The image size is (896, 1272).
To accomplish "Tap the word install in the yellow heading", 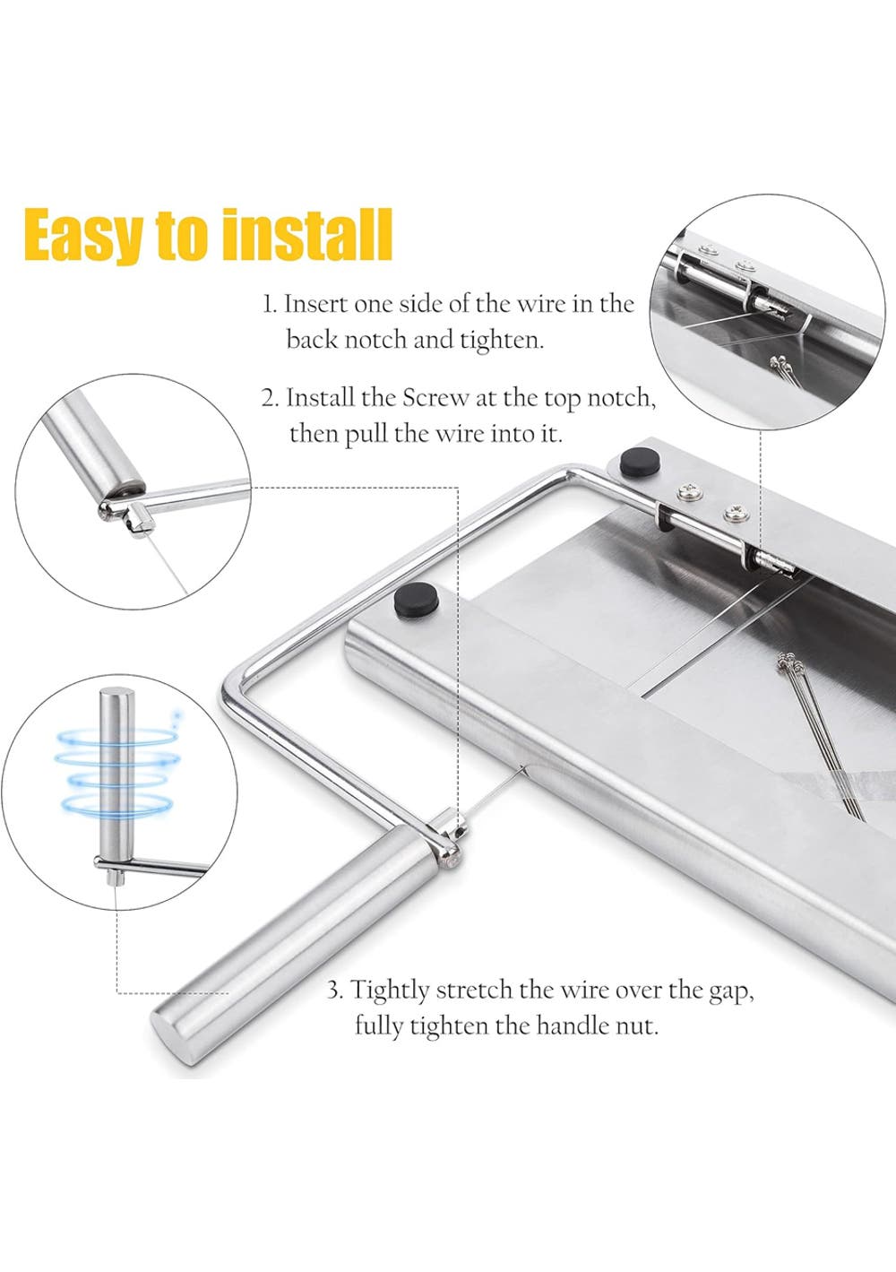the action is tap(307, 233).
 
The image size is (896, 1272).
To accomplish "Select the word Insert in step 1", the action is tap(314, 304).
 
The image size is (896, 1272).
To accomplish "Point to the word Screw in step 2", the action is tap(435, 397).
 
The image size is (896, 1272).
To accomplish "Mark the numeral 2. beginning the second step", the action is tap(270, 398).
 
